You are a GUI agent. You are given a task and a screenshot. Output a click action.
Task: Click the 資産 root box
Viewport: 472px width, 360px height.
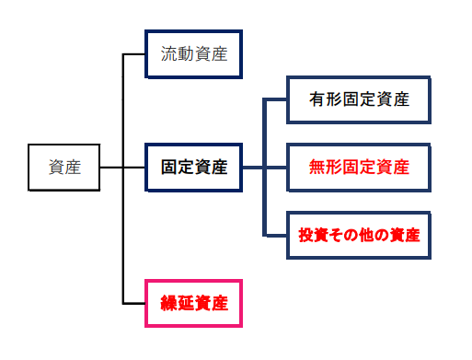click(63, 168)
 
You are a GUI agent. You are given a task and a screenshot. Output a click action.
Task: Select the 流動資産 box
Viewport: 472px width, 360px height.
click(193, 53)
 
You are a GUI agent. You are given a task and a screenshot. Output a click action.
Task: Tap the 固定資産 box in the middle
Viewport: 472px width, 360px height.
click(193, 168)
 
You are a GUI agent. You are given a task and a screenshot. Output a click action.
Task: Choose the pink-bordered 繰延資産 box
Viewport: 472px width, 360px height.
click(193, 302)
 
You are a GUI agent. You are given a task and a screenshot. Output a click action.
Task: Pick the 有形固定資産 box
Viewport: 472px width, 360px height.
click(359, 99)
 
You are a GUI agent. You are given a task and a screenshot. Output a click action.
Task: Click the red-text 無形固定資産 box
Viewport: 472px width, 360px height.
click(359, 168)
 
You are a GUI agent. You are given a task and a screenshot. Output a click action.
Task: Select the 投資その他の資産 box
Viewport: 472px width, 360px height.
click(359, 235)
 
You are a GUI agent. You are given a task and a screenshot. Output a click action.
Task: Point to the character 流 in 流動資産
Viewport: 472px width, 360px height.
click(169, 53)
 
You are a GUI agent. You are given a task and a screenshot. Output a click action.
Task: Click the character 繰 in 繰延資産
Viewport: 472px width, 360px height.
click(169, 302)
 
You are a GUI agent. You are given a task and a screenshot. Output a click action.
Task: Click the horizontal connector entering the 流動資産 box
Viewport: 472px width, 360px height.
click(134, 53)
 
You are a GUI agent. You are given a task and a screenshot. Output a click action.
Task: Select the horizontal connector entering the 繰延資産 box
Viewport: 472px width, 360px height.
click(134, 302)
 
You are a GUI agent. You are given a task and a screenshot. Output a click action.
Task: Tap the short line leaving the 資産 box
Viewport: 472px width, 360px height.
click(110, 168)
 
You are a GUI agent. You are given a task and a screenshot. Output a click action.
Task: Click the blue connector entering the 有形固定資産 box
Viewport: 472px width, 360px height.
click(275, 99)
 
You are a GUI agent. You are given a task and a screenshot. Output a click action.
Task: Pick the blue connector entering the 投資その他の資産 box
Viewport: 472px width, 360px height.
click(275, 235)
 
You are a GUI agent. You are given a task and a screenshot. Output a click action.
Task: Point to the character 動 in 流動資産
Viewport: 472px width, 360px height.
click(185, 53)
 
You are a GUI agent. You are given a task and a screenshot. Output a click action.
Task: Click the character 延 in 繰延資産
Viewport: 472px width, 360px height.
click(185, 302)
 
